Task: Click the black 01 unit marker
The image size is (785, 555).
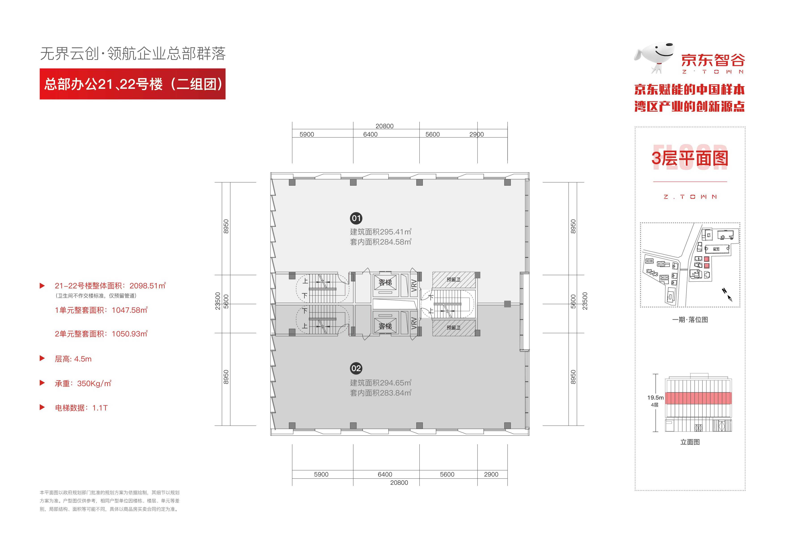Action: coord(356,218)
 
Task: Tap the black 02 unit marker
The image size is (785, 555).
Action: coord(356,368)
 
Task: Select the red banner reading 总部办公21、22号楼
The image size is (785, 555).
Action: coord(133,84)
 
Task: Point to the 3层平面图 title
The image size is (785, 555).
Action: coord(690,158)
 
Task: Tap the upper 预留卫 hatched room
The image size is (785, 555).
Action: coord(454,280)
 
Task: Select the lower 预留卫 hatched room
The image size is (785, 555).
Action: coord(454,327)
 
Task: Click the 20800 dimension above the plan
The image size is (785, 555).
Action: coord(384,126)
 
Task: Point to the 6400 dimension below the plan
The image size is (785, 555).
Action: coord(385,474)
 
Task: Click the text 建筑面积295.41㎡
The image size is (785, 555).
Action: coord(381,232)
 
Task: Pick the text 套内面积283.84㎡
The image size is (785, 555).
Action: coord(381,393)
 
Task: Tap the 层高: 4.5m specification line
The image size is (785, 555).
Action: coord(73,359)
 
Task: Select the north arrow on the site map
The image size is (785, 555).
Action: coord(727,295)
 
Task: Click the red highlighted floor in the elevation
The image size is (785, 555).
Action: coord(698,398)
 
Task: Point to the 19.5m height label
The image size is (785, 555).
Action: coord(655,397)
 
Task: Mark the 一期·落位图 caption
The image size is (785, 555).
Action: coord(690,319)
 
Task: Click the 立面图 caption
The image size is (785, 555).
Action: coord(690,442)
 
